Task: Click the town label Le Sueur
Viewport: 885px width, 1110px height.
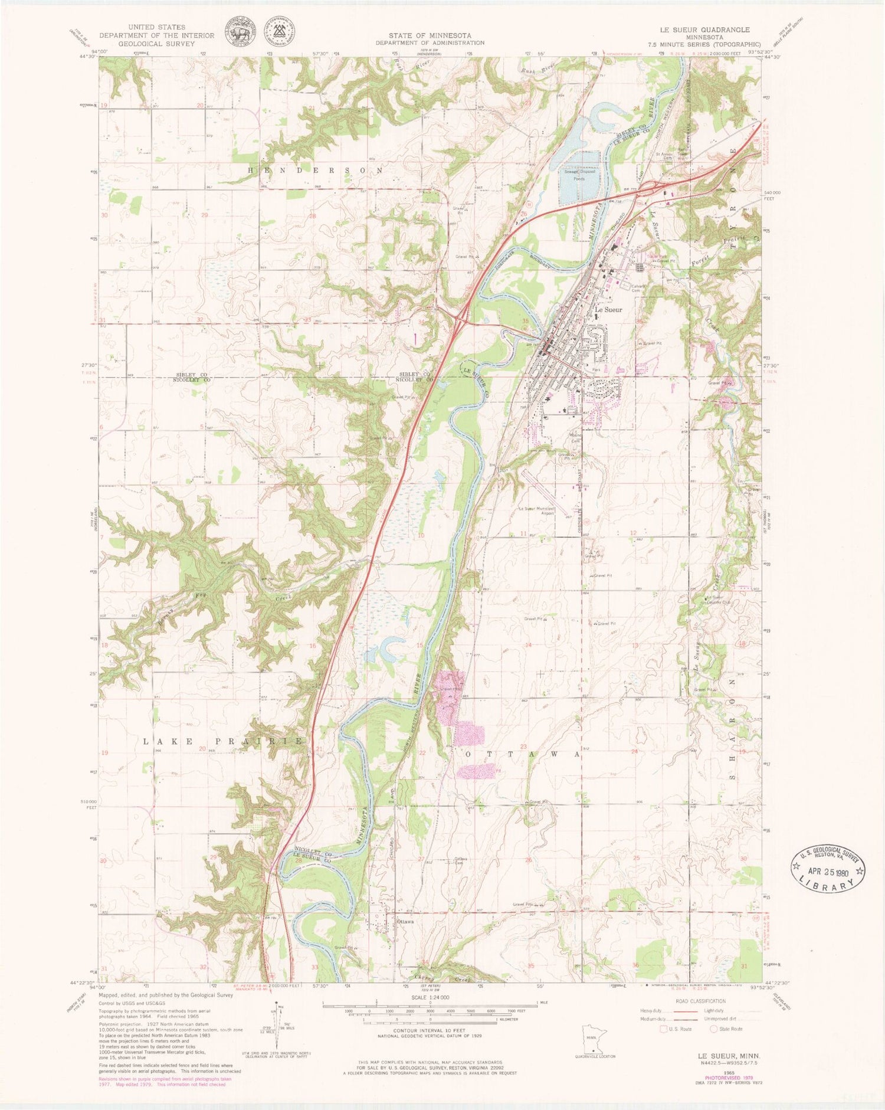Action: click(608, 309)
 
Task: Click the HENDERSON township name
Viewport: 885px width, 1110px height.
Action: click(314, 170)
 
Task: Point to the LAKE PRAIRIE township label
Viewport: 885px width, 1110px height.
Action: click(223, 741)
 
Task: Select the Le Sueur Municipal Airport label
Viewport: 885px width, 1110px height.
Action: click(537, 511)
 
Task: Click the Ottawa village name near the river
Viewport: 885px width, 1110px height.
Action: click(405, 921)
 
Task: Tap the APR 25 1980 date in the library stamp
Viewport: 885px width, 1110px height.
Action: click(828, 869)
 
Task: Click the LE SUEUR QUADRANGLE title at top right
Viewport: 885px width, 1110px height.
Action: click(704, 30)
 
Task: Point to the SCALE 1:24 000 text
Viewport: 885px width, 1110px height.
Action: click(430, 997)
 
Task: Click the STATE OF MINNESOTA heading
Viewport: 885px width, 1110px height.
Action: click(430, 35)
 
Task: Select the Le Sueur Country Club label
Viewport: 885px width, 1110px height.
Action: click(718, 600)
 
